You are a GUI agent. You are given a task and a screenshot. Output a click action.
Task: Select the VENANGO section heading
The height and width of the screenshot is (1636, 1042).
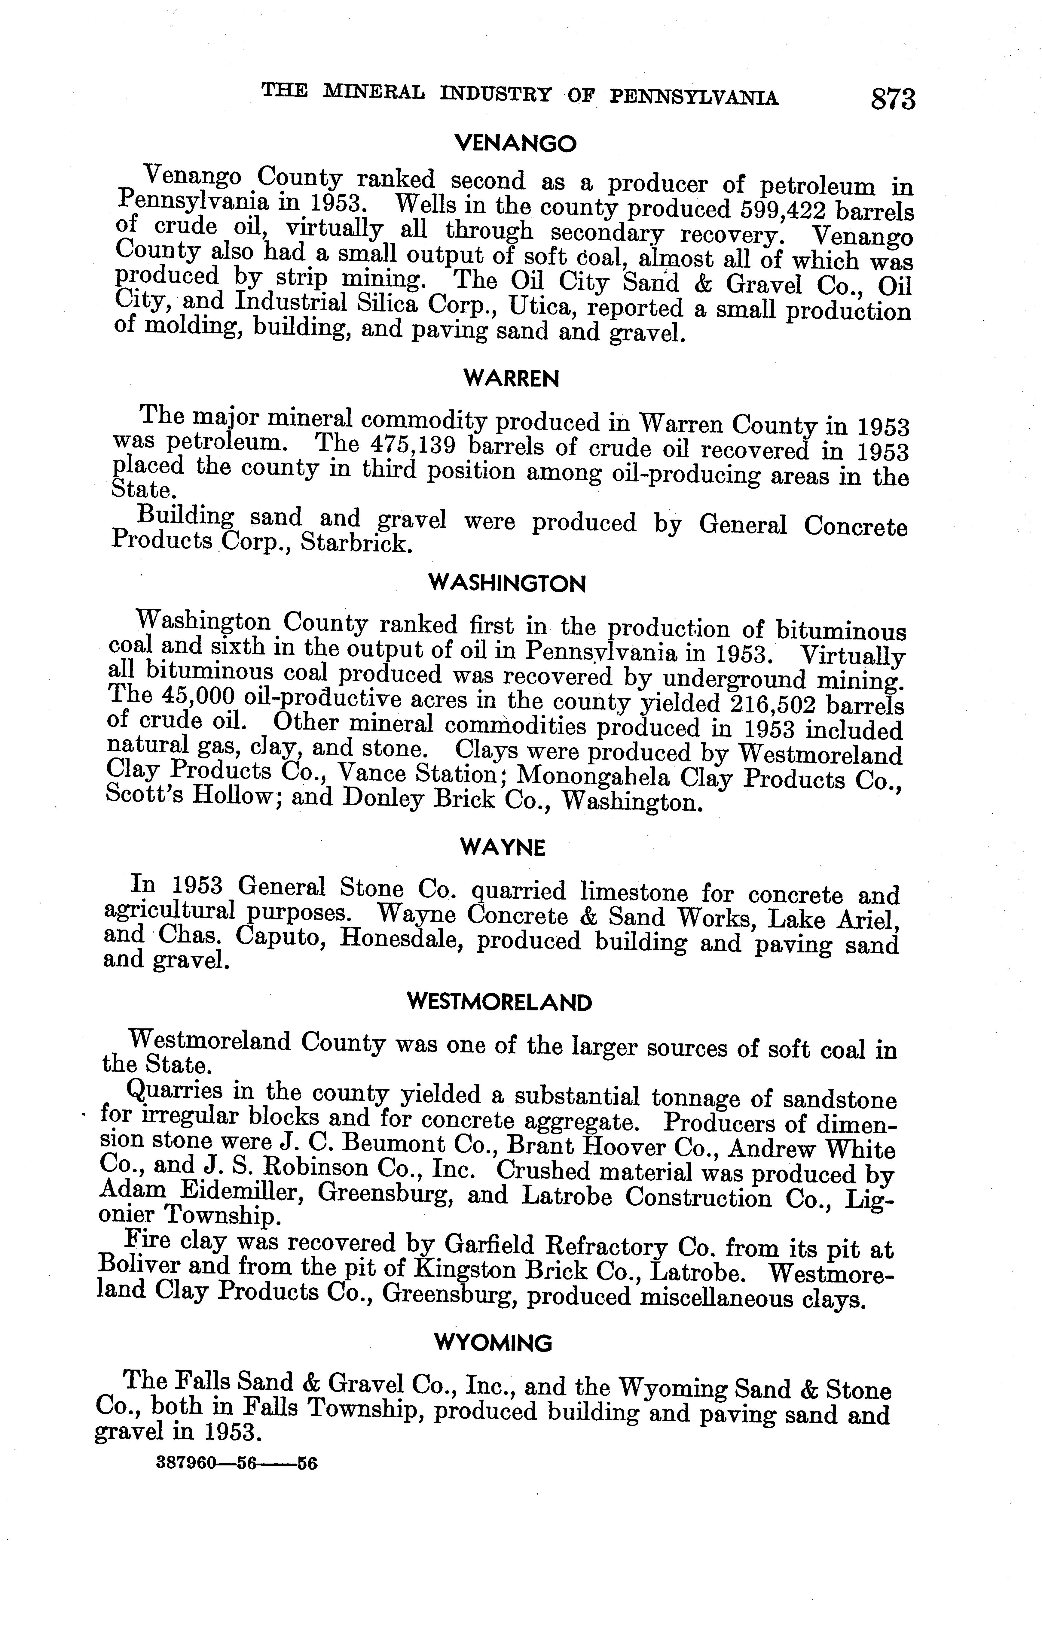(x=515, y=143)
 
